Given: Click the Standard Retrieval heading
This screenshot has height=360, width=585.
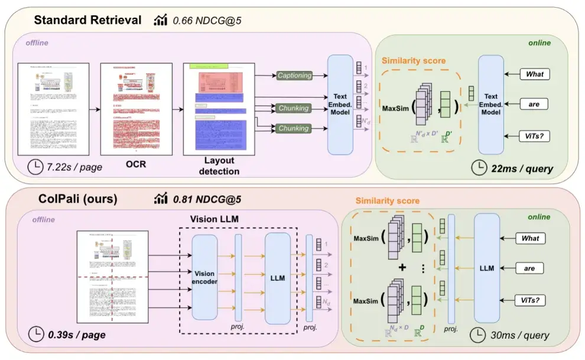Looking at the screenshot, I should coord(87,20).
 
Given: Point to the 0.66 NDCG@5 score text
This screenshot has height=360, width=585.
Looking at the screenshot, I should coord(207,21).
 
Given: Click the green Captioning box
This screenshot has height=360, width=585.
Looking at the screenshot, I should coord(294,76).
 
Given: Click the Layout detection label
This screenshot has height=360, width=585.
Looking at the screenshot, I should coord(218,166).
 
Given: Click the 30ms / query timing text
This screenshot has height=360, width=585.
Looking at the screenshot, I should coord(519,335).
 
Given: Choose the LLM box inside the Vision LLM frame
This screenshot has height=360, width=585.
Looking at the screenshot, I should coord(277,278).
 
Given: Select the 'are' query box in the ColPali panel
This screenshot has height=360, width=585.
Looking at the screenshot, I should coord(529,268).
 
